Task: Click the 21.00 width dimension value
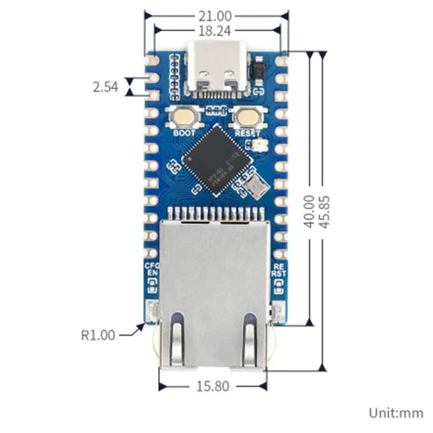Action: tap(215, 17)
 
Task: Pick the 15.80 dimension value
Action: tap(213, 386)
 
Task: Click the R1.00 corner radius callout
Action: tap(98, 335)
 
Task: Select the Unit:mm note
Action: tap(396, 413)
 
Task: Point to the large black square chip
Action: tap(217, 158)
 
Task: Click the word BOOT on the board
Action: tap(184, 132)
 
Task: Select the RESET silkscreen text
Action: tap(248, 133)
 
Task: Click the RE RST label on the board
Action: tap(279, 270)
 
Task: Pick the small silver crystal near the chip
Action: tap(254, 187)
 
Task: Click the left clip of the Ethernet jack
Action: tap(176, 341)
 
